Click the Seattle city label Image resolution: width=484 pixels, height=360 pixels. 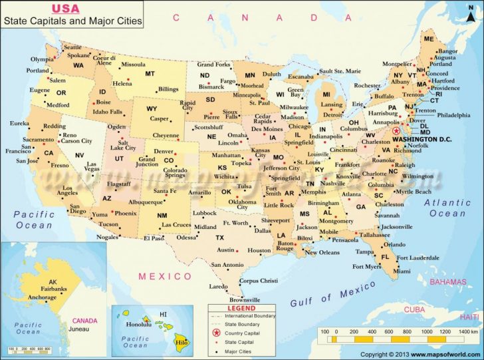coord(72,47)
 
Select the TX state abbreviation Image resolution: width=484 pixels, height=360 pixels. coord(219,238)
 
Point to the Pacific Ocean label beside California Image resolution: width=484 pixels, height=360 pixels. coord(33,219)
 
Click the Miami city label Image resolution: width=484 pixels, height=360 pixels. coord(401,271)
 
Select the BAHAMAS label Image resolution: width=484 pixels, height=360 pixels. coord(447,281)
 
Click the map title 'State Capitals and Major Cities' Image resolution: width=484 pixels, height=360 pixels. coord(73,21)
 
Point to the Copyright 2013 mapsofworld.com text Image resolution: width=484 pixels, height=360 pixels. coord(421,355)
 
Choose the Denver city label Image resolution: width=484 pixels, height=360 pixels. coord(164,151)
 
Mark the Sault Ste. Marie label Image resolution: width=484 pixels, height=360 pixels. coord(340,71)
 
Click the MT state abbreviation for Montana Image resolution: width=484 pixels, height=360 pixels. coord(150,73)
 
